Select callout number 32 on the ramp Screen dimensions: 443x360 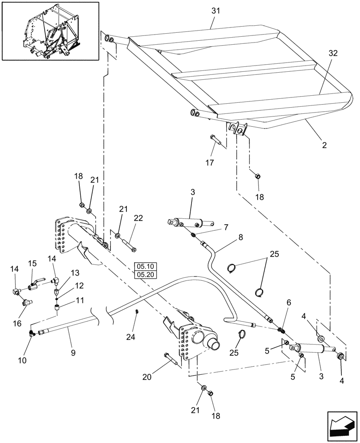click(x=333, y=53)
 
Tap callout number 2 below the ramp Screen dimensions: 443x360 click(x=324, y=145)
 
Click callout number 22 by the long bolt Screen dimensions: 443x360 click(x=139, y=218)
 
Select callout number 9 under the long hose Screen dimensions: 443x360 click(x=73, y=353)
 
